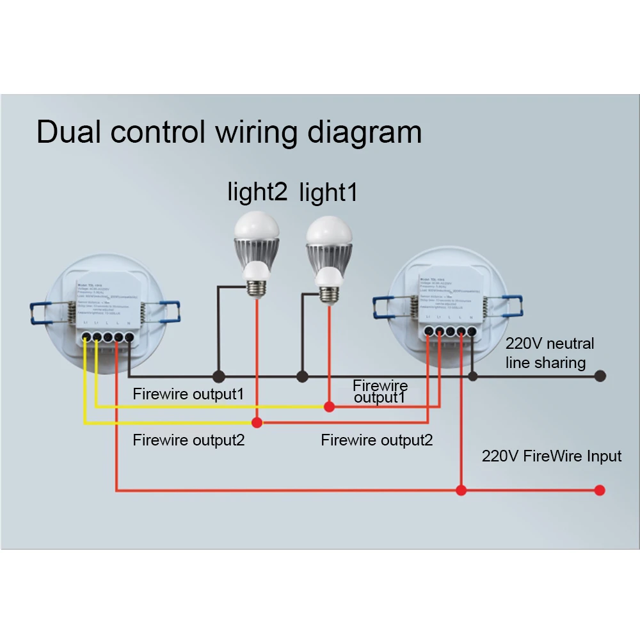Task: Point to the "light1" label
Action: pos(328,192)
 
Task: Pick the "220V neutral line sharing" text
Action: pos(549,353)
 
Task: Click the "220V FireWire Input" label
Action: pos(552,456)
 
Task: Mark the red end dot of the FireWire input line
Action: pos(599,490)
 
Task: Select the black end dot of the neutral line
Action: pos(600,376)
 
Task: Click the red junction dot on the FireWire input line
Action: pos(460,490)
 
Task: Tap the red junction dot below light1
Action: pos(328,406)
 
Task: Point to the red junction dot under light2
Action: pos(257,422)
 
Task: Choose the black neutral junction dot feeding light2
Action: pos(218,376)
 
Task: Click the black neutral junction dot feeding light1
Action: pos(303,376)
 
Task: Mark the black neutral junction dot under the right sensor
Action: pos(472,376)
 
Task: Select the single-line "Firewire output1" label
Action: pos(188,394)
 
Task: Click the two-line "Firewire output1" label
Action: pos(380,391)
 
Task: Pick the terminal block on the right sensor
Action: pos(450,331)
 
